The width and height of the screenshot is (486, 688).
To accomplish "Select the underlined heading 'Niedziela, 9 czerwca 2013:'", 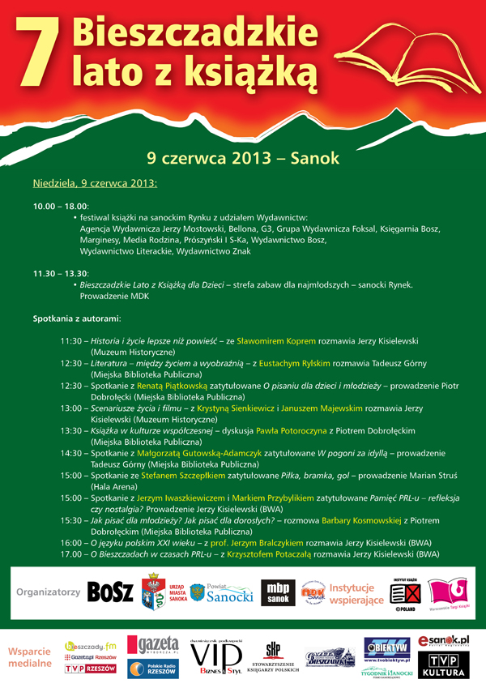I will coord(95,183).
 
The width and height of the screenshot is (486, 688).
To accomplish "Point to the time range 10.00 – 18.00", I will coord(60,207).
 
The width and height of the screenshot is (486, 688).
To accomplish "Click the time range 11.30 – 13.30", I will coord(60,274).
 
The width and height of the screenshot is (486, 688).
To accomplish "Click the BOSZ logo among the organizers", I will coord(109,592).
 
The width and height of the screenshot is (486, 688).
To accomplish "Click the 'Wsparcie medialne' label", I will coord(30,656).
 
